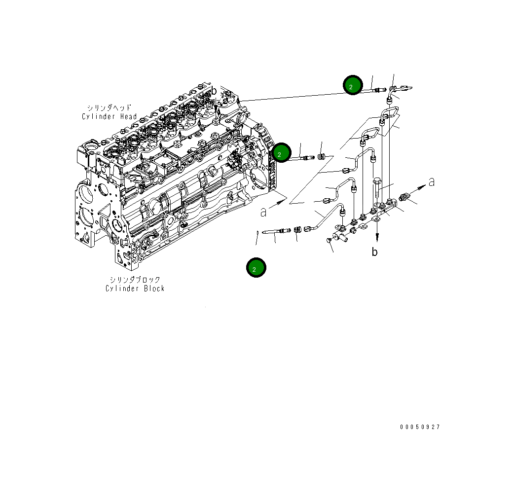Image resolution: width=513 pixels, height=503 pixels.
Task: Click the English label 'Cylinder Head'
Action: (110, 116)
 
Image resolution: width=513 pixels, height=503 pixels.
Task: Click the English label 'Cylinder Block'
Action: (135, 288)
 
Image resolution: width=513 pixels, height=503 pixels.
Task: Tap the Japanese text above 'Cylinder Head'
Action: (110, 108)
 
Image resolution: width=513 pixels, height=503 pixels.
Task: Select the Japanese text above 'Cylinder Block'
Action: (135, 280)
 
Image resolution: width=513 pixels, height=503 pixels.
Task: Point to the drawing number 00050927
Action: (420, 427)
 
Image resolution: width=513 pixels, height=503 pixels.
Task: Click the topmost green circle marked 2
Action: (353, 86)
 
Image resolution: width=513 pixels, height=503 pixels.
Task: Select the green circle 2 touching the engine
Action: (282, 153)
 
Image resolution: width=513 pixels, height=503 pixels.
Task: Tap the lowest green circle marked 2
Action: (256, 268)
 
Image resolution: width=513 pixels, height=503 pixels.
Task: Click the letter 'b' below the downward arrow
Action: (375, 252)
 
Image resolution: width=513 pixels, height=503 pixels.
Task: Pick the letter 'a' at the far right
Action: (431, 182)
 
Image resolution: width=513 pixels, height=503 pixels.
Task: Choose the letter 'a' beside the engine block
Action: (263, 212)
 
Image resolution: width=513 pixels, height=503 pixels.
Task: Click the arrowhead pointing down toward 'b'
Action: (377, 236)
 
